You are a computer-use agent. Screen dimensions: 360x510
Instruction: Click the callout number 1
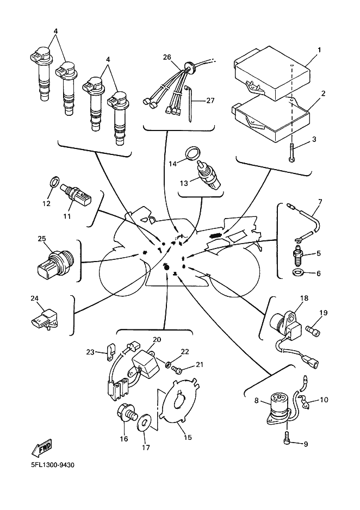coord(319,50)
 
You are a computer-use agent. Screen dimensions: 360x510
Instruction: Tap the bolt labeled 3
coord(291,152)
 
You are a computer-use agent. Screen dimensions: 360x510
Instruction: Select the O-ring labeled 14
coord(193,153)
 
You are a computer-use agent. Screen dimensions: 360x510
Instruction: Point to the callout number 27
coord(210,101)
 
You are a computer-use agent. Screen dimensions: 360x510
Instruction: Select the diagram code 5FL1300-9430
coord(52,465)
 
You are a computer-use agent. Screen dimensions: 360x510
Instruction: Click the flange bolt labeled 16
coord(127,416)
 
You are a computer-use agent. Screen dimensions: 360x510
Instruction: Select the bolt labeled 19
coord(313,331)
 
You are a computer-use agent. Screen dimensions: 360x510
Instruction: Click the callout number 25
coord(42,239)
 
